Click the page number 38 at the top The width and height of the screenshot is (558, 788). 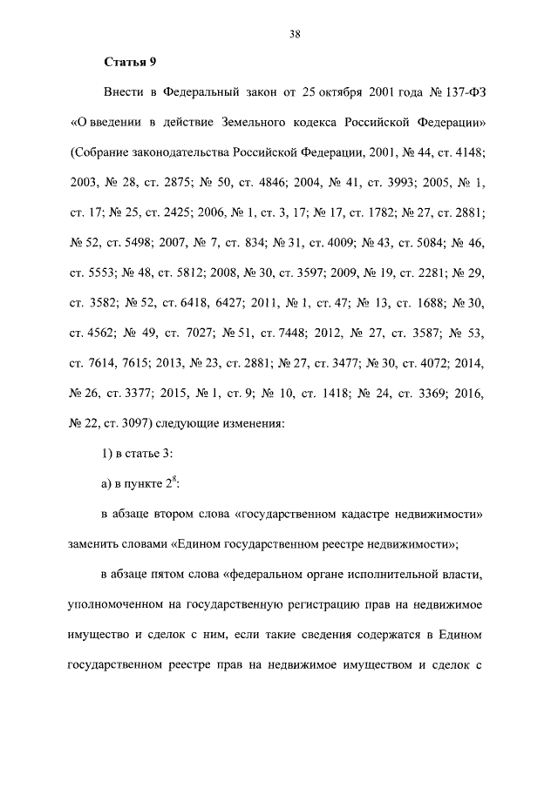pos(295,34)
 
